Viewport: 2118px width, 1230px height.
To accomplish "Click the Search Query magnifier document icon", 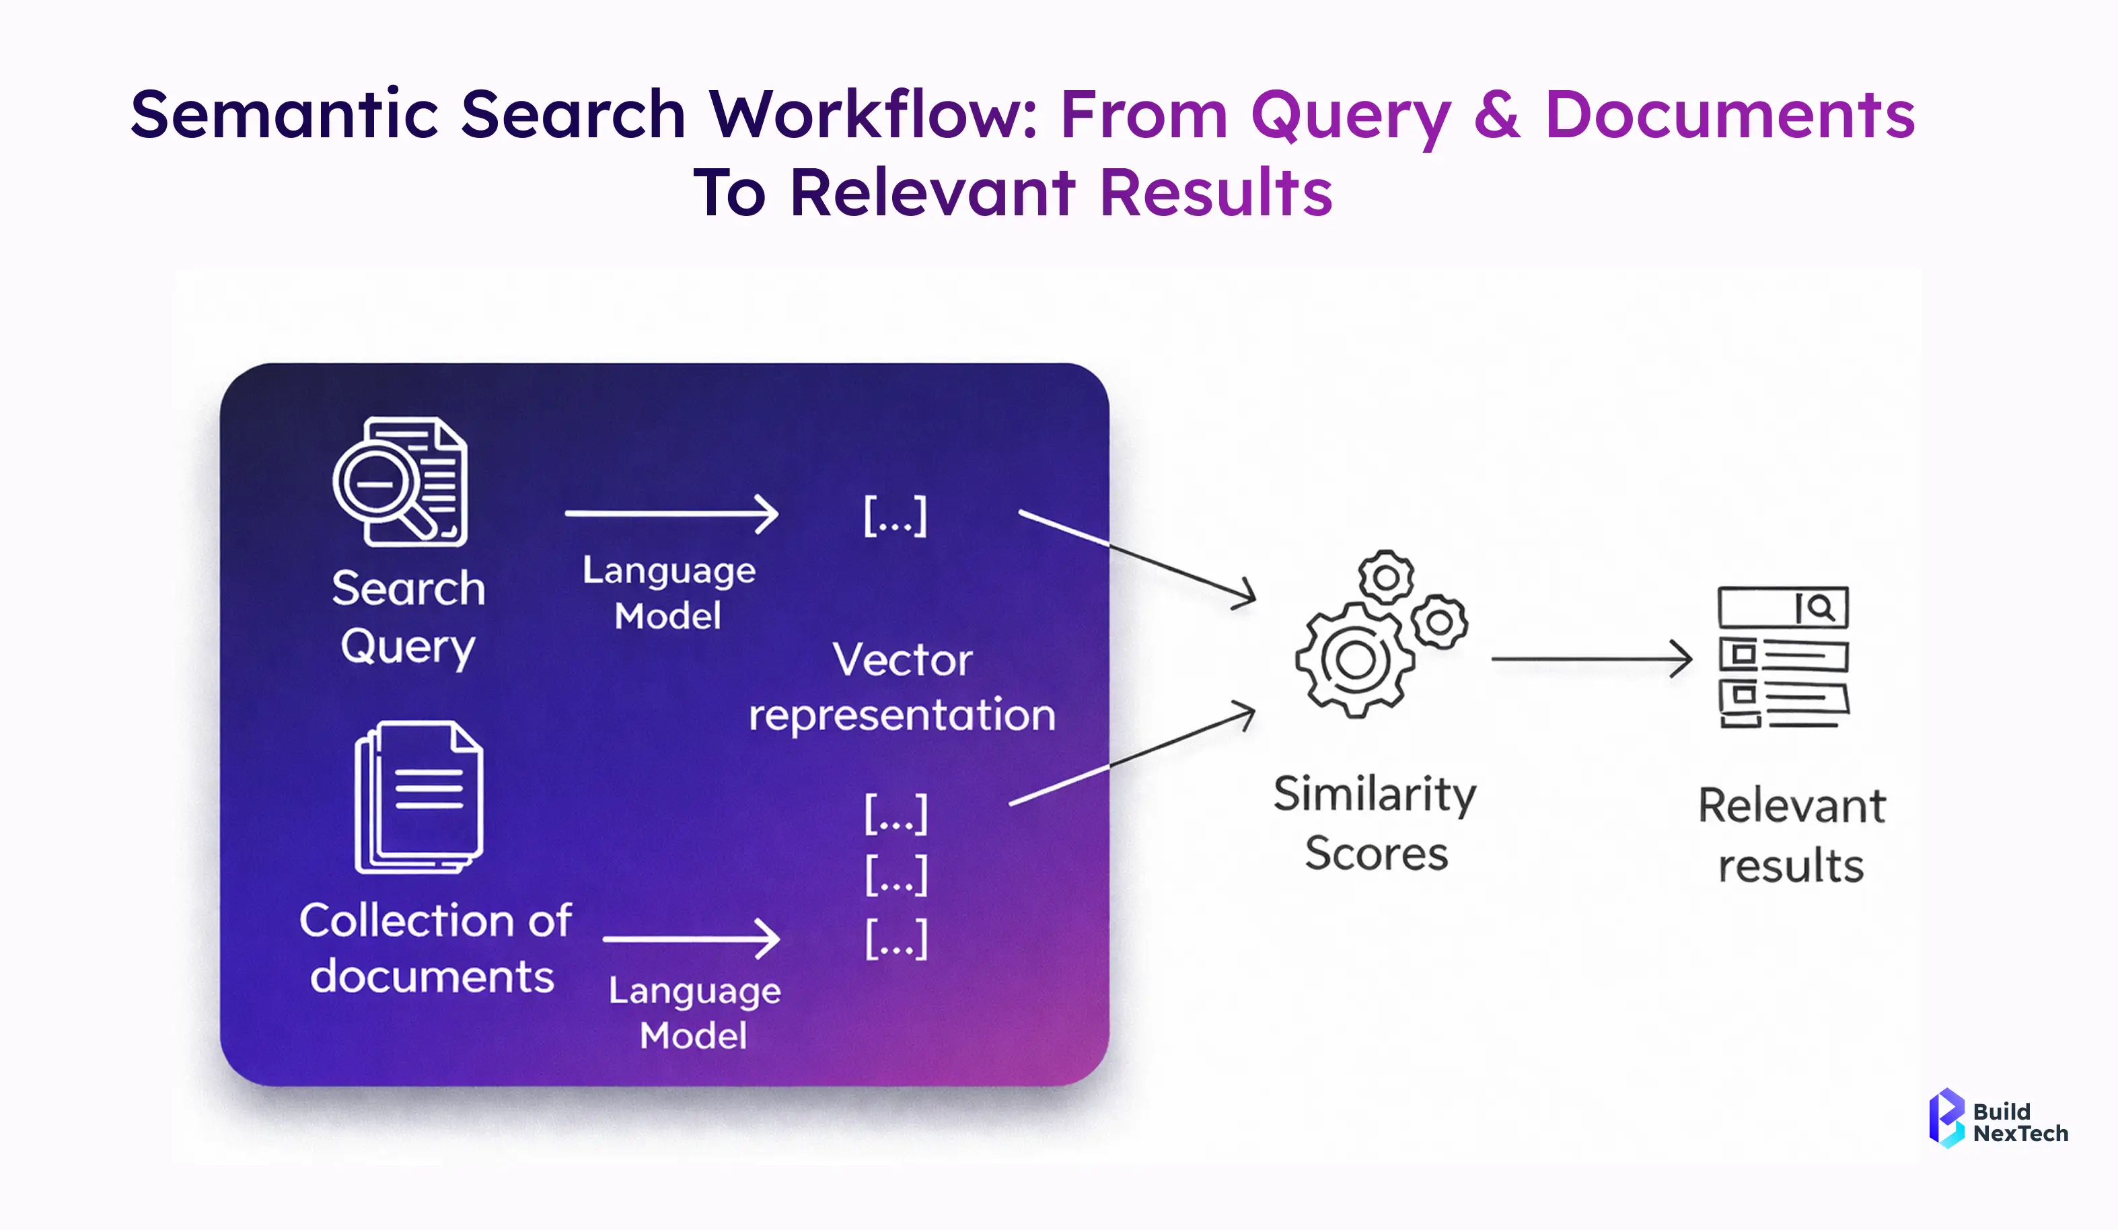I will [400, 482].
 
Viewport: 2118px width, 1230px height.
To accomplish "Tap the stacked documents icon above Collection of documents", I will [418, 797].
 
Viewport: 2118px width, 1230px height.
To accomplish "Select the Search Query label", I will [408, 616].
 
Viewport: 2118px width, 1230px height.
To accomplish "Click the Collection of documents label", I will [435, 947].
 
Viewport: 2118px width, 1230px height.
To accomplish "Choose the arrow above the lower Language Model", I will [691, 938].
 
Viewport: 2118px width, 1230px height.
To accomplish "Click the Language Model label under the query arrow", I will [669, 593].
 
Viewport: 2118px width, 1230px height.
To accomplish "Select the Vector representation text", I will [902, 687].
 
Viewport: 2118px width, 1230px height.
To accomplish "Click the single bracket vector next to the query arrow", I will [895, 516].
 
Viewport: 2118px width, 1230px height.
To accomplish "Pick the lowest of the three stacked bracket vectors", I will [897, 939].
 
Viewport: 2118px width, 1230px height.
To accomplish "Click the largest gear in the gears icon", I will [1353, 660].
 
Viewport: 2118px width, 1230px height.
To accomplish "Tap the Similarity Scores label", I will [1375, 823].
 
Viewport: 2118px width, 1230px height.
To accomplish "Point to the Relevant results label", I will [1791, 835].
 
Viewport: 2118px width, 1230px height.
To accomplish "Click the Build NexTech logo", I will [1997, 1118].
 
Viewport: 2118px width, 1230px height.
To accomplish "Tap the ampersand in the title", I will [1497, 114].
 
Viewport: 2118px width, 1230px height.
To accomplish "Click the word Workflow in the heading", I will [873, 114].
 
